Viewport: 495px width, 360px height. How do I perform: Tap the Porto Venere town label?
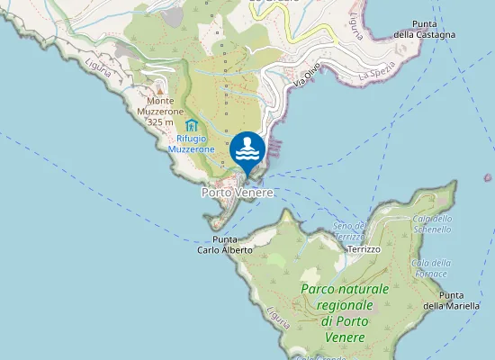[x=237, y=192]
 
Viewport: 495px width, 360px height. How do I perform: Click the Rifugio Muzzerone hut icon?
[x=191, y=125]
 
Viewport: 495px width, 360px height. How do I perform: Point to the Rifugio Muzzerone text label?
[x=191, y=143]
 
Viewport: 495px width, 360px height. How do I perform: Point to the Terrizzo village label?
[x=364, y=248]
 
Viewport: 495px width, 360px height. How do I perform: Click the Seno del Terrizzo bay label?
[x=349, y=230]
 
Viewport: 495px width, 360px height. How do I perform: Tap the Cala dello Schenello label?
[x=432, y=223]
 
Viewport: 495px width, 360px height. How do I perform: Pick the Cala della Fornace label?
[x=430, y=267]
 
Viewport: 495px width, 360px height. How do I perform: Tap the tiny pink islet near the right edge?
[x=488, y=178]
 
